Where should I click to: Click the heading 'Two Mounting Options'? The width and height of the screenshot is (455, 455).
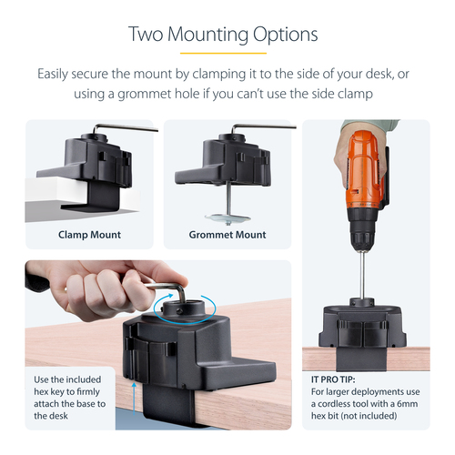pyautogui.click(x=223, y=35)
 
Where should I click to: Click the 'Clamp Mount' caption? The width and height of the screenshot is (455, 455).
pyautogui.click(x=89, y=235)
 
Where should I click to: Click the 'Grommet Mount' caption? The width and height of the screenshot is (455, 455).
pyautogui.click(x=227, y=235)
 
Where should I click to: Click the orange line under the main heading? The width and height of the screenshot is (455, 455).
pyautogui.click(x=223, y=53)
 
